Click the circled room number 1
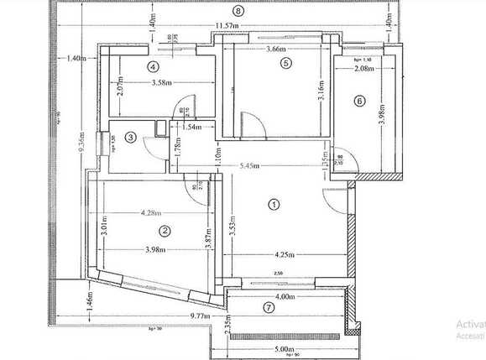(x=272, y=203)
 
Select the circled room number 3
(x=131, y=137)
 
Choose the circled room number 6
(x=360, y=101)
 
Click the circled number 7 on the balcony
(x=269, y=307)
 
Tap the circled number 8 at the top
(x=239, y=11)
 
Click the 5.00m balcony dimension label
(x=284, y=349)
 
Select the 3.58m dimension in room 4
(x=163, y=82)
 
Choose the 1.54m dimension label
(x=193, y=127)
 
